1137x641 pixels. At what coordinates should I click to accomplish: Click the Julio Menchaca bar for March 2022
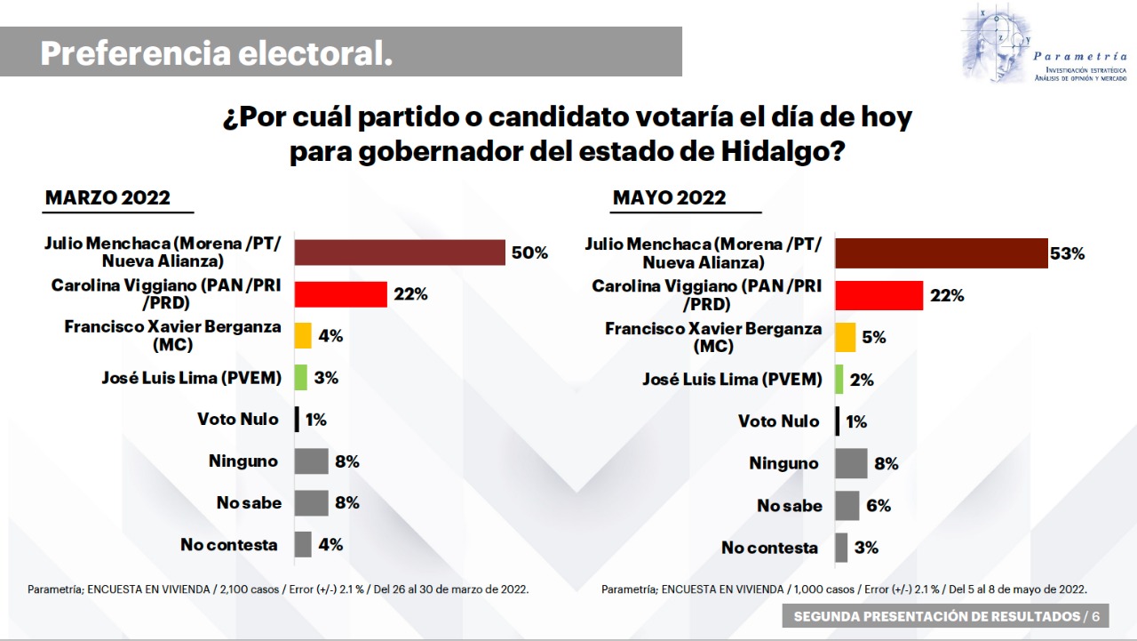coord(400,252)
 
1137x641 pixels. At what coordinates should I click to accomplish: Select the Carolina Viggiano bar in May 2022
coord(879,295)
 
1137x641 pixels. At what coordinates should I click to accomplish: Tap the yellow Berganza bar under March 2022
coord(303,335)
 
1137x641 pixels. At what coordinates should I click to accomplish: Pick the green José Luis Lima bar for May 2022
coord(839,380)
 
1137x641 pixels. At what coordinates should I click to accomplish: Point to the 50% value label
coord(529,252)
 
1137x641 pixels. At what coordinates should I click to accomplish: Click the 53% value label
coord(1068,253)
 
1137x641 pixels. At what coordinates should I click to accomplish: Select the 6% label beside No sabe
coord(879,505)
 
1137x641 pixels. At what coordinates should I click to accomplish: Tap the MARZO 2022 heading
coord(107,197)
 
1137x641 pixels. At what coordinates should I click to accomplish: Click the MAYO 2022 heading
coord(669,197)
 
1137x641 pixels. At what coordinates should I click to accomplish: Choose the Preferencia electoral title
coord(216,53)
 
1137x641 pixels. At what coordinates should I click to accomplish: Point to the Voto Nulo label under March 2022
coord(237,419)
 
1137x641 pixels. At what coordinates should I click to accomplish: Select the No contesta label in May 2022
coord(769,548)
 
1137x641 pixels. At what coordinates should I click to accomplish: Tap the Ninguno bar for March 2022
coord(311,461)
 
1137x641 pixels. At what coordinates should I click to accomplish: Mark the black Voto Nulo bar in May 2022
coord(837,421)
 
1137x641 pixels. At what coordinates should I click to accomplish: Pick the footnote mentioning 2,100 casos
coord(278,589)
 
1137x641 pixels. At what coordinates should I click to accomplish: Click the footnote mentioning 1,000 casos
coord(844,589)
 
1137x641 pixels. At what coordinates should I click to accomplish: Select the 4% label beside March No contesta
coord(330,544)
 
